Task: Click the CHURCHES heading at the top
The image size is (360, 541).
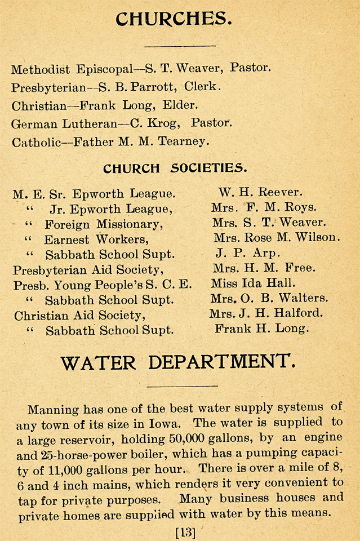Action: click(x=174, y=19)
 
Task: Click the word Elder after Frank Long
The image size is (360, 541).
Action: click(x=179, y=105)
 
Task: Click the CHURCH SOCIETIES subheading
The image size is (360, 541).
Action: click(x=175, y=168)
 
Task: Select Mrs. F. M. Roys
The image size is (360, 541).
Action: click(x=264, y=207)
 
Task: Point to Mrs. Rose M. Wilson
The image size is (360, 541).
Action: click(x=277, y=238)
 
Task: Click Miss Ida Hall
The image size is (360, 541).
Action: click(x=253, y=283)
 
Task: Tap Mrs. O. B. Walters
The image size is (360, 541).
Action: click(x=269, y=298)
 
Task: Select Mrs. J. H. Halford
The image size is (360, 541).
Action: click(x=266, y=313)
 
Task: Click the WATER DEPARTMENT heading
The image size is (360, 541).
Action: click(x=177, y=362)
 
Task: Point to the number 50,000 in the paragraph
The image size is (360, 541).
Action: click(x=181, y=438)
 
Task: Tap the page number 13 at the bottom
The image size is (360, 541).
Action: click(x=185, y=531)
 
